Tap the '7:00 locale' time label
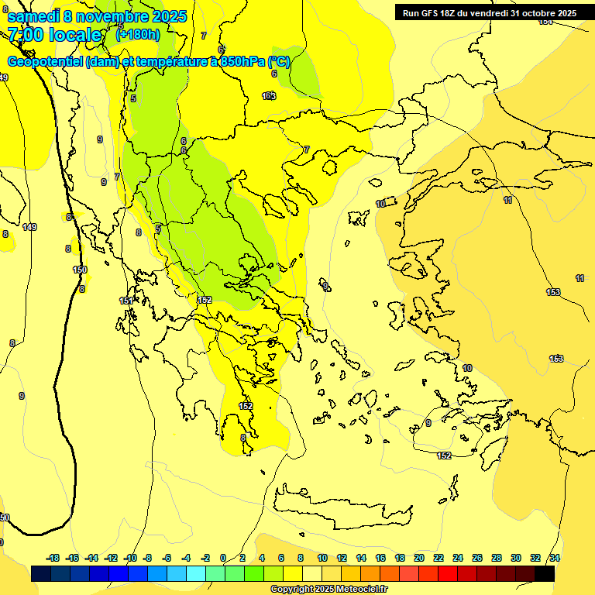click(54, 35)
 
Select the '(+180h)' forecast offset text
click(138, 35)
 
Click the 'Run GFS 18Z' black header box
click(488, 12)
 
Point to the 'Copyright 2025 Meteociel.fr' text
click(328, 590)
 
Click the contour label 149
click(29, 227)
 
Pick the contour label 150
click(80, 270)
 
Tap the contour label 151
click(126, 301)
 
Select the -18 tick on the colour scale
click(53, 558)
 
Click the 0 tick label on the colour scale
click(223, 558)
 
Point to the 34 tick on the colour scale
click(555, 558)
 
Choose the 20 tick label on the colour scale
click(418, 558)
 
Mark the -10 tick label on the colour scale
click(130, 558)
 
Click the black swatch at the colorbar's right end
click(545, 574)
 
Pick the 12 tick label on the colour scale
click(341, 558)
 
